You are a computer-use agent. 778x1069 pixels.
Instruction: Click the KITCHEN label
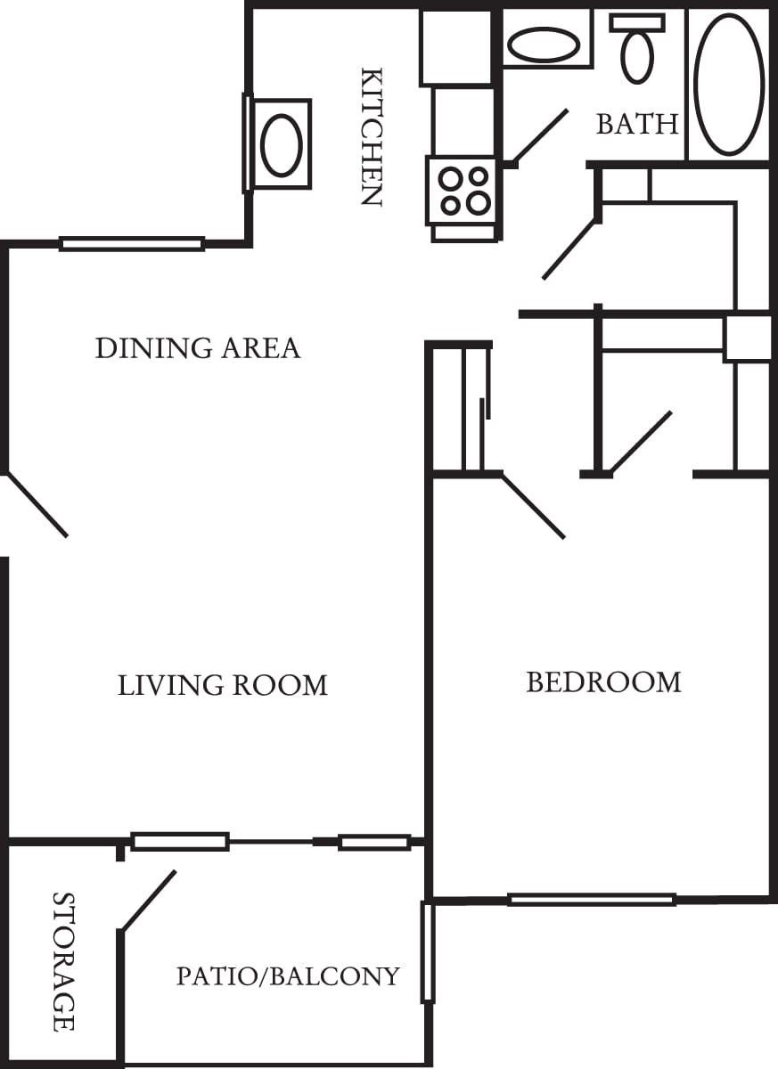point(371,136)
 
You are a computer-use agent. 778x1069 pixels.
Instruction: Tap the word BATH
point(637,124)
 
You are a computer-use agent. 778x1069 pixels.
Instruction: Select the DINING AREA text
point(198,347)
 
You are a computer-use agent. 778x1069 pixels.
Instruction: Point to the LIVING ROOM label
point(223,685)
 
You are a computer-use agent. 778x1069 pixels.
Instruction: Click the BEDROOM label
point(603,682)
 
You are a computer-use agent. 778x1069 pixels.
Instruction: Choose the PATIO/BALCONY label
point(288,976)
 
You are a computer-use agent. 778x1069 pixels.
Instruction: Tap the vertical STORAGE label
point(63,961)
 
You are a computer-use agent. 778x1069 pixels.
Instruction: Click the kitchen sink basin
point(282,144)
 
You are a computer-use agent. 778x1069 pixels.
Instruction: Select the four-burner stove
point(462,191)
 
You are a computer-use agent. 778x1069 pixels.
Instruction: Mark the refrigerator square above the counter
point(456,47)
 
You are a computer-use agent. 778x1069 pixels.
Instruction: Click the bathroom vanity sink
point(543,45)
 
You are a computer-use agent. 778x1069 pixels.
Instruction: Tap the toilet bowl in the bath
point(637,57)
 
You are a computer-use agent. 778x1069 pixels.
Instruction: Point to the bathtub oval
point(729,85)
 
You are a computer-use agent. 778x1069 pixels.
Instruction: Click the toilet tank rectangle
point(637,22)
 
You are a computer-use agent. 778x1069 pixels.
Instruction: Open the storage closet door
point(148,901)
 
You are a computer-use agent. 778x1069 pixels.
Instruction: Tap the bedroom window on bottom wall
point(592,900)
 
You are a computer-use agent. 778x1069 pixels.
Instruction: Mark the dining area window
point(132,243)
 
